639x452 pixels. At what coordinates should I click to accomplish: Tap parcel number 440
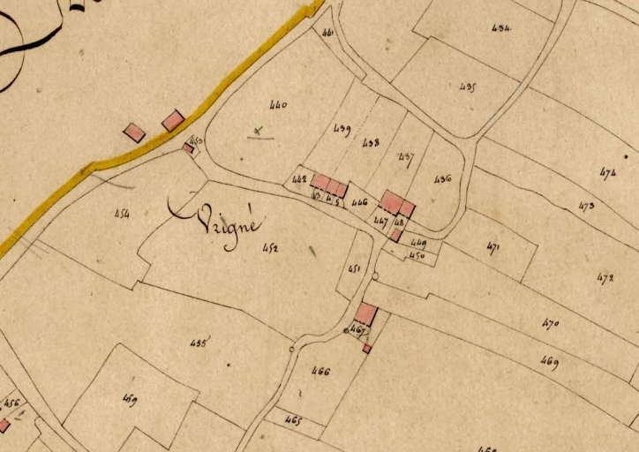coord(278,106)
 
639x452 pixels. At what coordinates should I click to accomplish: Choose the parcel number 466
coord(319,372)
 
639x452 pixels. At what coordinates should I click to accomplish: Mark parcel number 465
coord(293,421)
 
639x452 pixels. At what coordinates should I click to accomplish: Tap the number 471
coord(493,249)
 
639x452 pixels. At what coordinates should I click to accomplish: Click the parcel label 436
coord(443,179)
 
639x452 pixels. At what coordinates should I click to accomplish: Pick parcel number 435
coord(468,87)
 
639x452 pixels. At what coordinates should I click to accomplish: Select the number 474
coord(607,172)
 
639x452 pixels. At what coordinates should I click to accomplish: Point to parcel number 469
coord(550,363)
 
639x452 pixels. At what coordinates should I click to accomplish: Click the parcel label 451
coord(355,268)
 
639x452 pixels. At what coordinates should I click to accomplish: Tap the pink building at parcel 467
coord(366,313)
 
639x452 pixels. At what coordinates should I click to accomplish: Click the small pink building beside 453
coord(188,148)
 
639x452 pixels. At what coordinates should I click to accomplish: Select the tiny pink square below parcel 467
coord(366,349)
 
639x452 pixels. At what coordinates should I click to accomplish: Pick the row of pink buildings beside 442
coord(328,185)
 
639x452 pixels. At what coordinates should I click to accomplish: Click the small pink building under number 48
coord(396,236)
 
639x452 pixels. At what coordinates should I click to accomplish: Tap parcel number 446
coord(358,202)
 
